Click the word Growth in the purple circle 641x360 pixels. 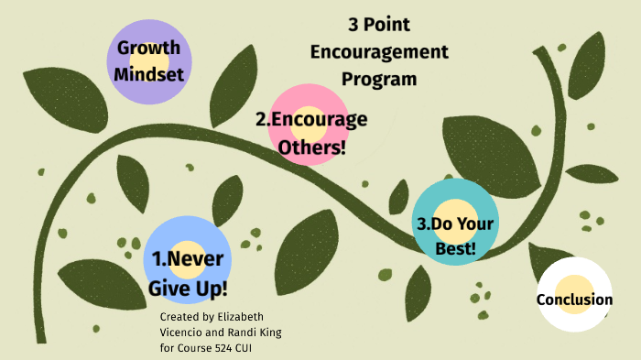148,49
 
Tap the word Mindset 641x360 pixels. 148,74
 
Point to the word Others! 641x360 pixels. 311,146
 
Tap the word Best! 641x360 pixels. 456,247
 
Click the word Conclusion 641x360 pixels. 574,300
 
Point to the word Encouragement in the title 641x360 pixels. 379,52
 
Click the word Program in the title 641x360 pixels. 379,79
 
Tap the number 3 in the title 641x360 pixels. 353,26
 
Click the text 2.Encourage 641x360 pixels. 311,119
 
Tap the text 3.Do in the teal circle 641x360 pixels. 434,224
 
